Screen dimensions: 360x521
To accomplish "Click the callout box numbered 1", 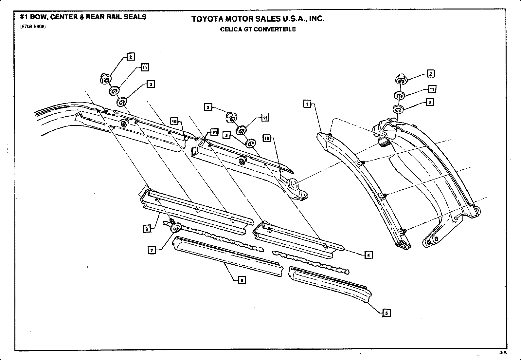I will click(307, 104).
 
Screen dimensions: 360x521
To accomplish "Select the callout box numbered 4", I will click(368, 255).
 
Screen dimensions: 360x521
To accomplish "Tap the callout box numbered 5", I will click(386, 313).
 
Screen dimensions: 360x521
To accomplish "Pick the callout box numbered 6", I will click(242, 280).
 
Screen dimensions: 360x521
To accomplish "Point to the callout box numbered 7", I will click(151, 250).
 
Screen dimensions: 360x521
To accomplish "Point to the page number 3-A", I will click(503, 353).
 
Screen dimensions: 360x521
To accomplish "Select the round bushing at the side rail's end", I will click(294, 184).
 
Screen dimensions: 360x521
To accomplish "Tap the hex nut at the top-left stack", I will click(105, 79).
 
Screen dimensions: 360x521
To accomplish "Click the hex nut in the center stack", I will click(231, 117).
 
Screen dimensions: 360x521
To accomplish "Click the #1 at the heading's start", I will click(25, 17).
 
